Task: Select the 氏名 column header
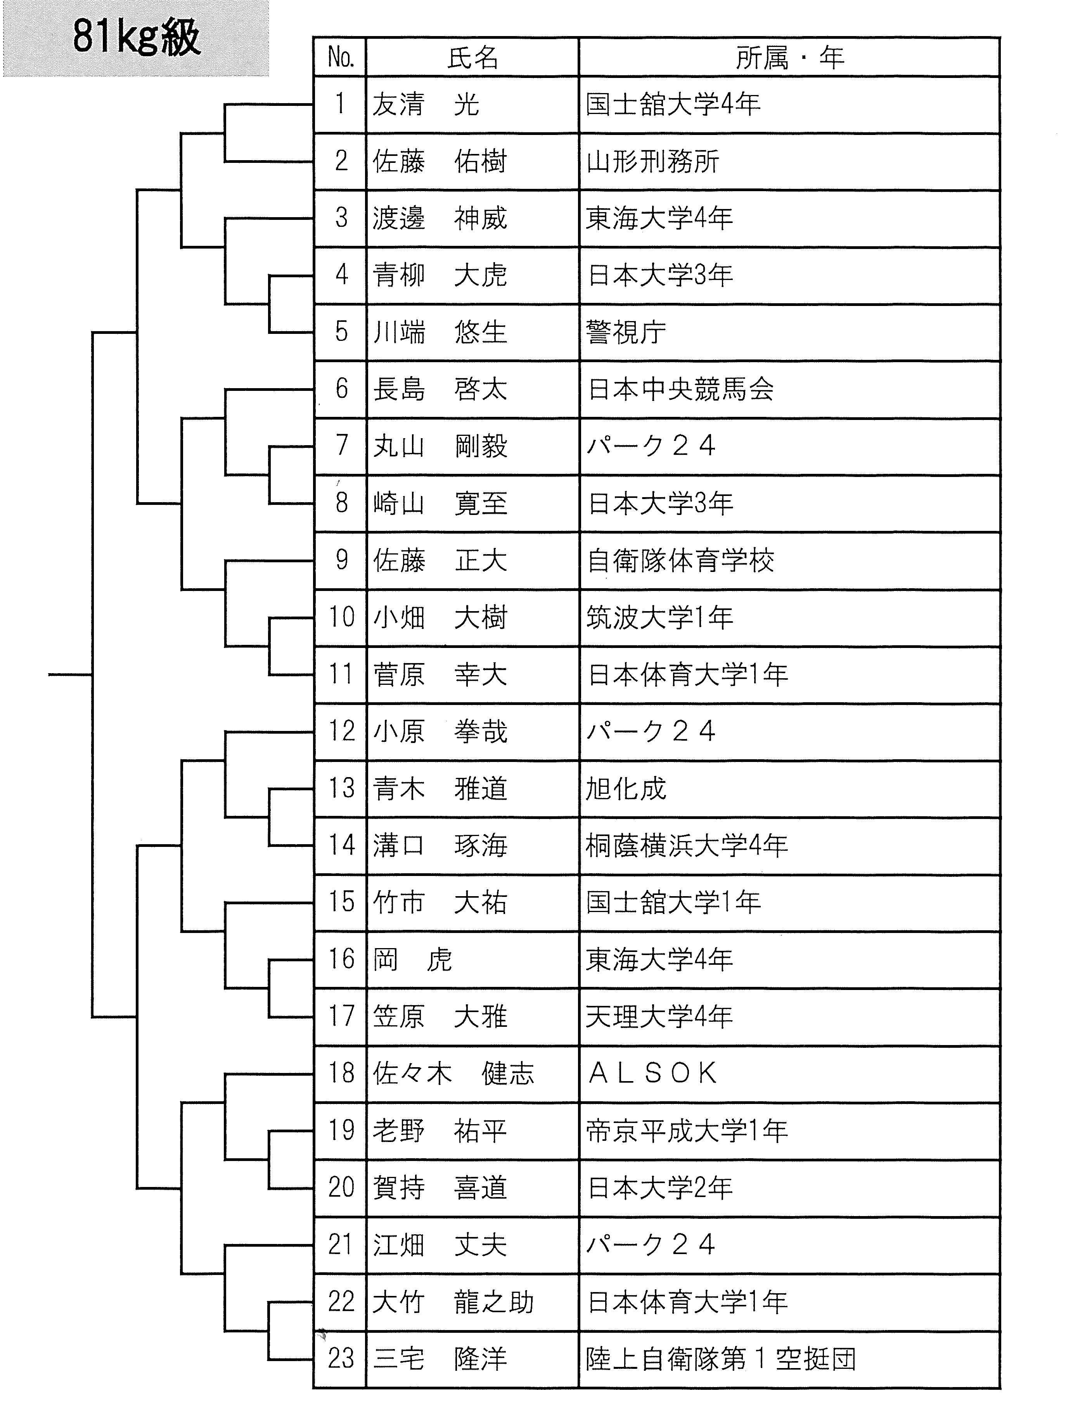(472, 58)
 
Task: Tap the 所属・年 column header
(790, 58)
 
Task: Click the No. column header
(341, 58)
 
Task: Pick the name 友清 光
(426, 104)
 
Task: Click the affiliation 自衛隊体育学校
(680, 561)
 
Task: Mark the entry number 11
(341, 674)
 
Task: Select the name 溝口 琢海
(440, 845)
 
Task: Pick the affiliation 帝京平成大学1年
(687, 1130)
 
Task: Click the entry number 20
(341, 1187)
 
